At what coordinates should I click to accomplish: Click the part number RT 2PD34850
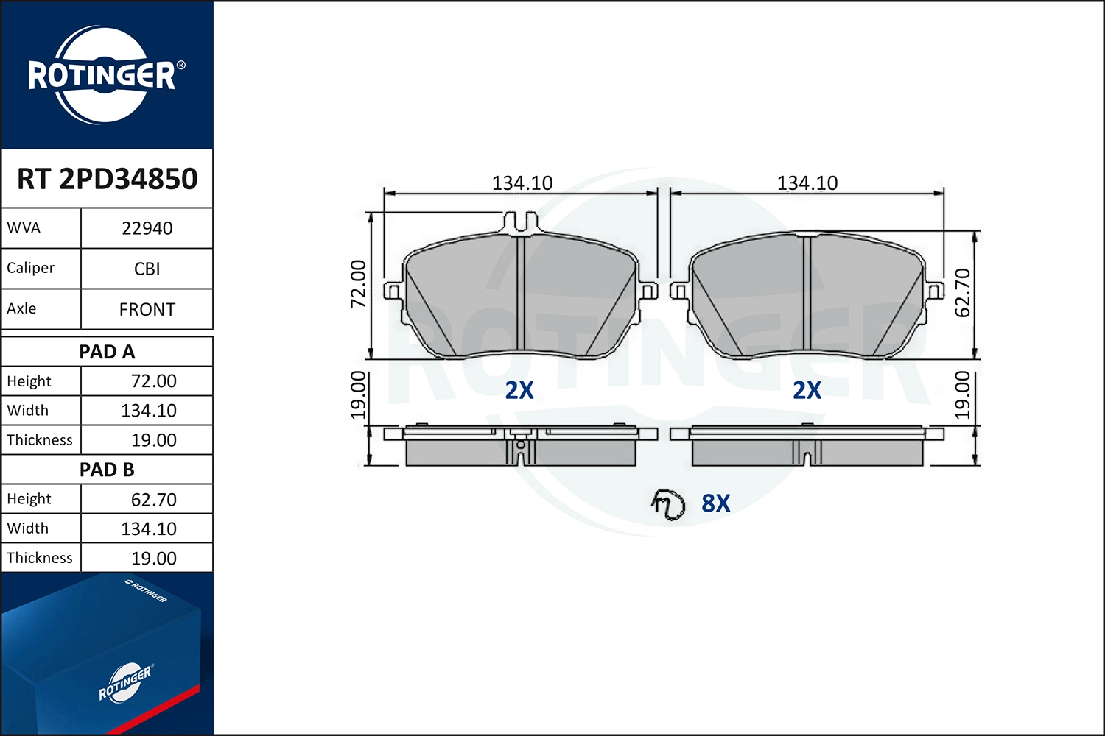pos(107,178)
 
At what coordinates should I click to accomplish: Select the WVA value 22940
pos(147,228)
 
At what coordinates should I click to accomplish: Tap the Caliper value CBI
pos(147,269)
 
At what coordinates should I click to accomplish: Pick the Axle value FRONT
pos(147,309)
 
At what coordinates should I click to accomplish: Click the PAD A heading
pos(107,352)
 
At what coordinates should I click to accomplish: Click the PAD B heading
pos(107,470)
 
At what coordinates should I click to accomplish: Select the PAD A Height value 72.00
pos(153,381)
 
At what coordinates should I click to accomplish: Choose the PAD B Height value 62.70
pos(153,499)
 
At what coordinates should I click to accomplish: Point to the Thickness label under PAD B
pos(40,558)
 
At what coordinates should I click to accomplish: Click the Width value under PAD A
pos(149,411)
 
